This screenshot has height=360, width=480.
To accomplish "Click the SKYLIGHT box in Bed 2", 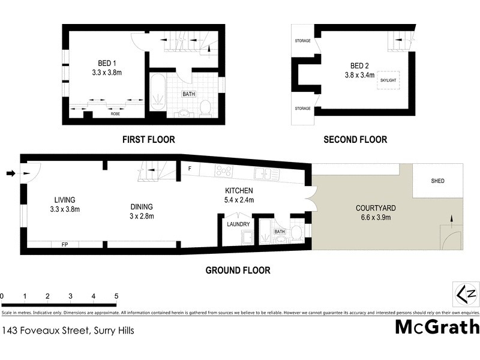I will tap(387, 80).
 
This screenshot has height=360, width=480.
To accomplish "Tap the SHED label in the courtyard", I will tap(438, 181).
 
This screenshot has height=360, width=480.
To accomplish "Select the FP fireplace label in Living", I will tap(65, 245).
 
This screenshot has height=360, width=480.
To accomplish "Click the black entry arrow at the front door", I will tap(10, 174).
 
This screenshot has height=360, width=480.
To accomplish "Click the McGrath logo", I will tap(437, 327).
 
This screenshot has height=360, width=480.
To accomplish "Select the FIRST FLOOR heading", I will tap(148, 140).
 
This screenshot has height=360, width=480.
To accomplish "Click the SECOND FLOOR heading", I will tap(355, 140).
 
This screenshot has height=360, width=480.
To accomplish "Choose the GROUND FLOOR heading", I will tap(238, 271).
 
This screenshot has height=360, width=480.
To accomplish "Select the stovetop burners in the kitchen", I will tap(224, 172).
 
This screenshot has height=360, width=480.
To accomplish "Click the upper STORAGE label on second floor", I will tap(302, 41).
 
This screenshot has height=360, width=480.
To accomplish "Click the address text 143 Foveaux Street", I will tap(68, 330).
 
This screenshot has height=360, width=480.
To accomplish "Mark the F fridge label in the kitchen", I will tap(190, 168).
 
